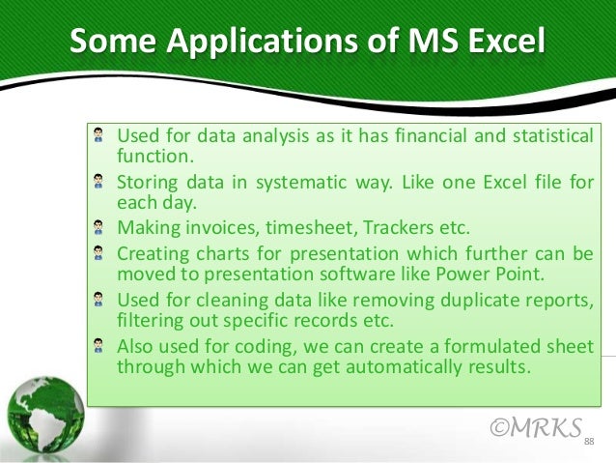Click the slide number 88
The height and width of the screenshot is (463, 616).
tap(588, 442)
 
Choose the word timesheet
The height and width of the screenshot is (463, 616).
tap(294, 228)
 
